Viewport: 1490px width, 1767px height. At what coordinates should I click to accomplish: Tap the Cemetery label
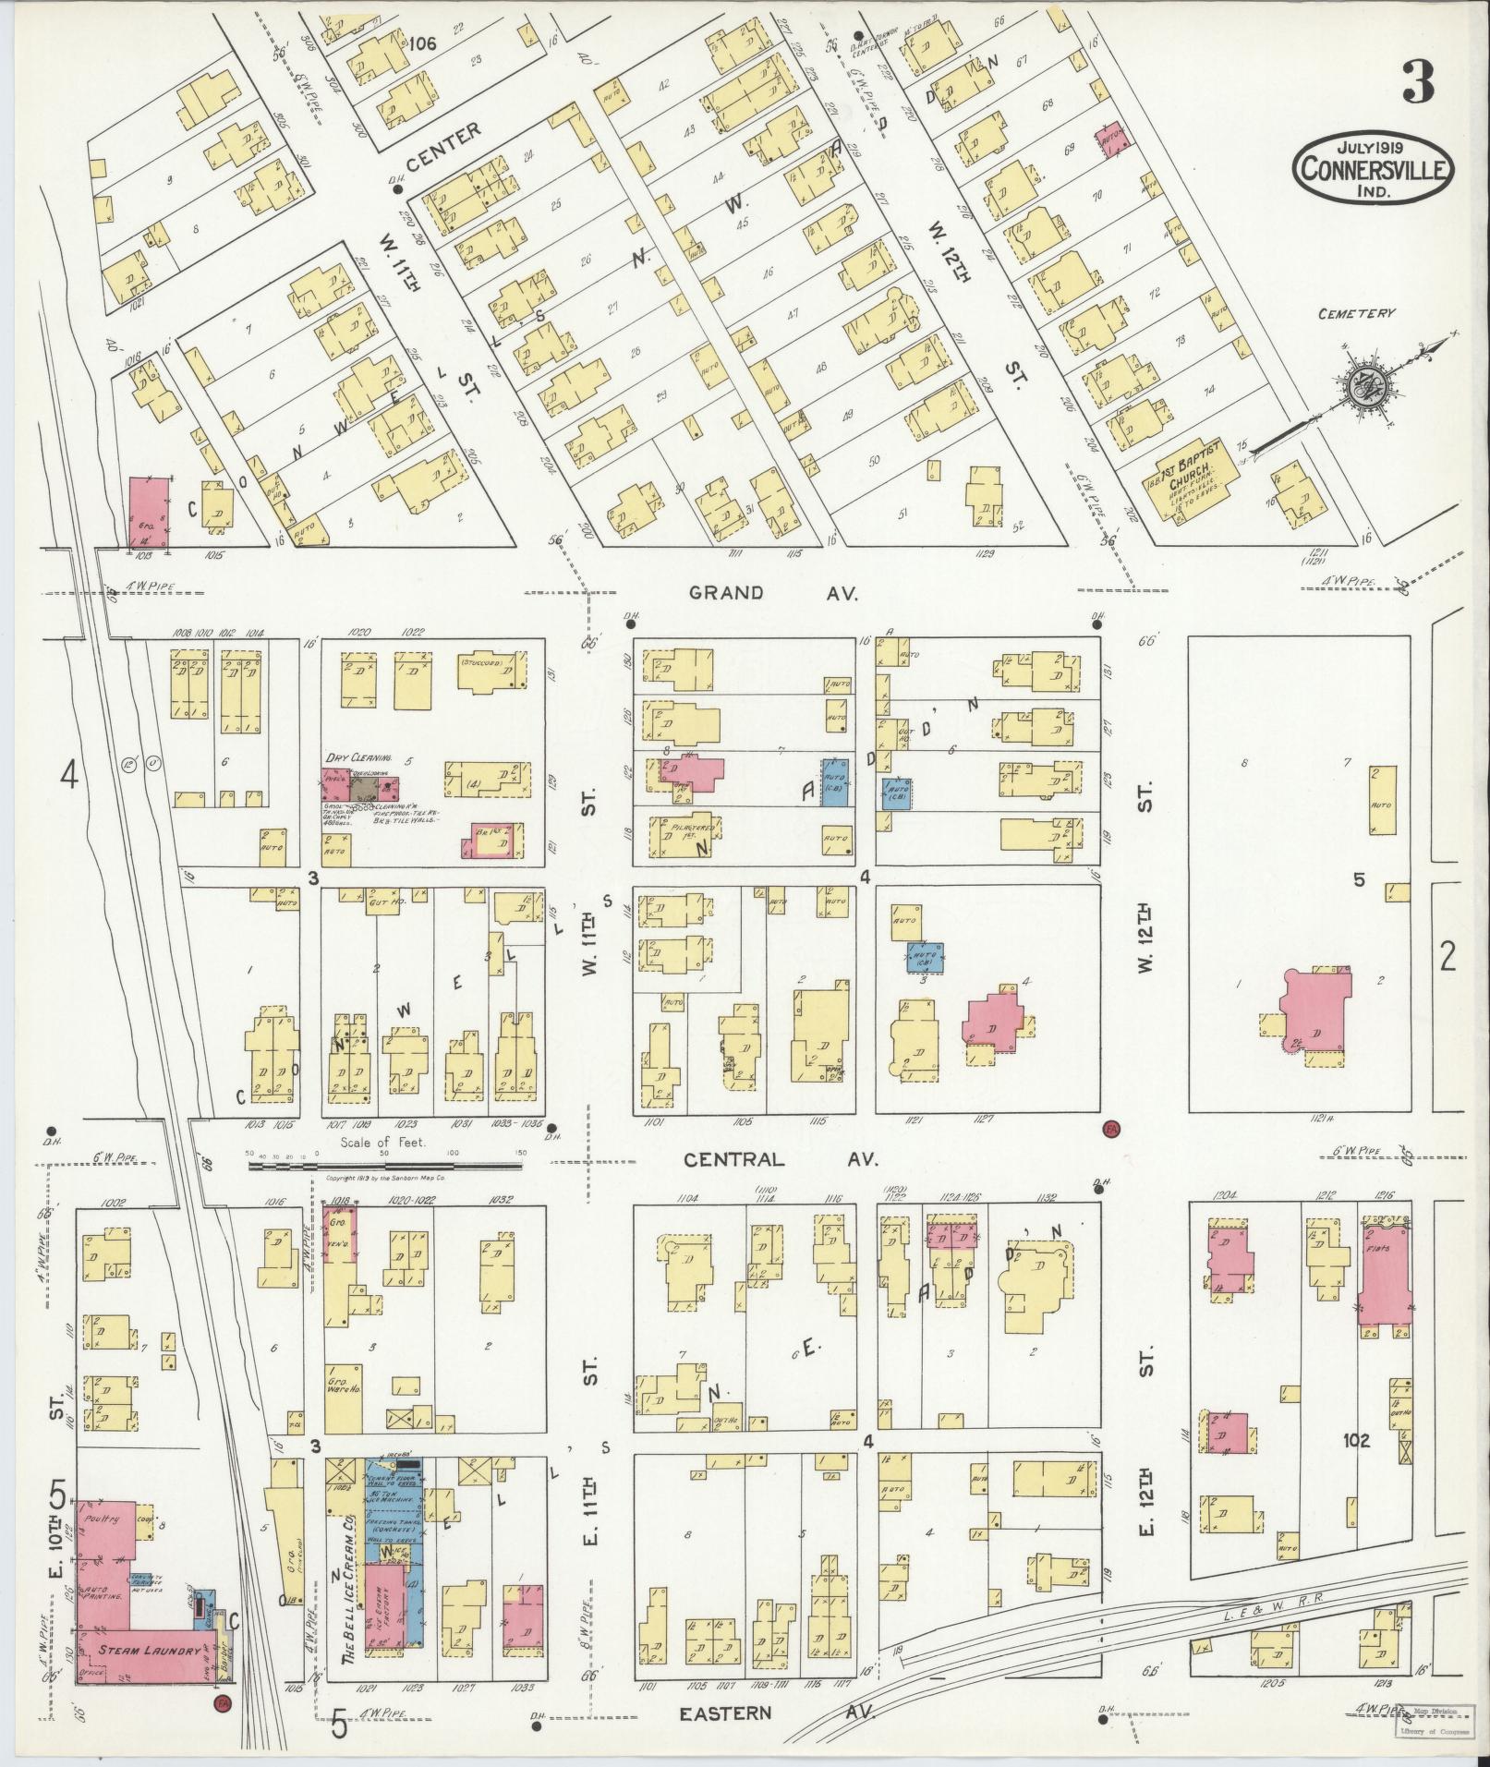(x=1357, y=314)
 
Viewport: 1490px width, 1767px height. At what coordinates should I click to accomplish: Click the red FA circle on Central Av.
(x=1110, y=1128)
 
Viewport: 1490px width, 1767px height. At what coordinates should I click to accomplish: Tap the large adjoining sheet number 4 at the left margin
(x=68, y=774)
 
